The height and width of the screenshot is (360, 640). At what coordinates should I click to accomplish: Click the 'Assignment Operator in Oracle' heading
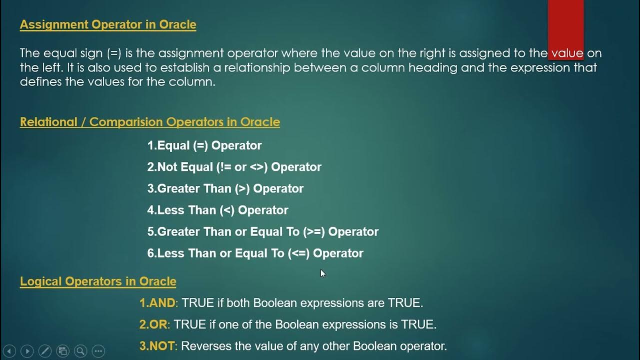[107, 24]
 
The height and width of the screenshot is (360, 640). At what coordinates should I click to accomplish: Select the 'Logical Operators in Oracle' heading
[98, 281]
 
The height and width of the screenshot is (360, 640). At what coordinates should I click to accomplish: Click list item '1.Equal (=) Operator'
[204, 145]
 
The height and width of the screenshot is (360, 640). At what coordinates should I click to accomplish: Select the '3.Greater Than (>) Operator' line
[225, 188]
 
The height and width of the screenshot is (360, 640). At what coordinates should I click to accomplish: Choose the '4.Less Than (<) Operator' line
[217, 210]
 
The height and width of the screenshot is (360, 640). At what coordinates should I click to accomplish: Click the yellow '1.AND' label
[157, 303]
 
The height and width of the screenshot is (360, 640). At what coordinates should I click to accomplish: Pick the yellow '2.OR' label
[153, 324]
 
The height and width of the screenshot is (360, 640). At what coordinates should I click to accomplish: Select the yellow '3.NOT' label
[157, 346]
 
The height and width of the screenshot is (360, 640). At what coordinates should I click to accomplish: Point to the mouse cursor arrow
[323, 273]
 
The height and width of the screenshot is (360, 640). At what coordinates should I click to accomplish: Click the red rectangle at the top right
[565, 22]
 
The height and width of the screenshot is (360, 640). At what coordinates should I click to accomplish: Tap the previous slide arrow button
[9, 351]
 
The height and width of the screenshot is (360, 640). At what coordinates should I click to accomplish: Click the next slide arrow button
[27, 351]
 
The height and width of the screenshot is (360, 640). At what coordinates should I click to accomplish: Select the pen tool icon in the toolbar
[44, 351]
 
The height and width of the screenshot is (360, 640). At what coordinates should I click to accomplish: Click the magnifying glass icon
[80, 351]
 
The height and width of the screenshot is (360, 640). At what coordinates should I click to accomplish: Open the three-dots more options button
[98, 351]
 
